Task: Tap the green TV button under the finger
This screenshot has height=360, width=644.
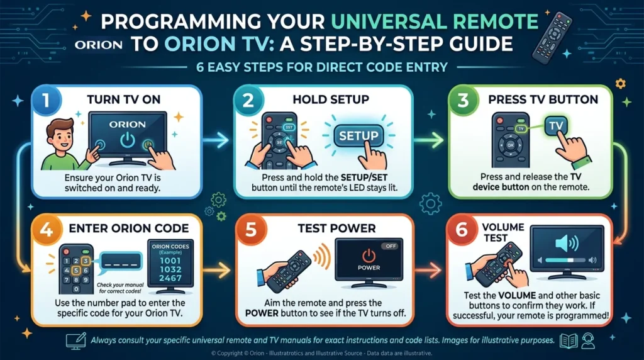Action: pyautogui.click(x=556, y=127)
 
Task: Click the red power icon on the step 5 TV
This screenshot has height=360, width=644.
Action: pyautogui.click(x=369, y=256)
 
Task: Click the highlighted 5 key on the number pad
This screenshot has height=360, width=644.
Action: pyautogui.click(x=76, y=272)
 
